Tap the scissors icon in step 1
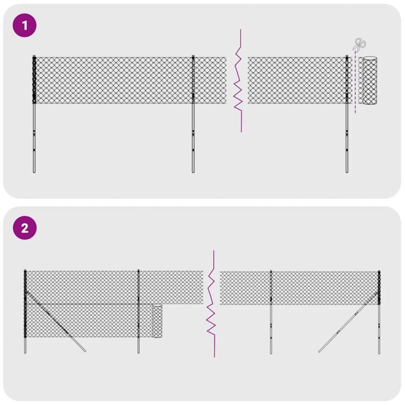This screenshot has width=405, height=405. tap(359, 45)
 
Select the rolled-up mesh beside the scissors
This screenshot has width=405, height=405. tap(370, 80)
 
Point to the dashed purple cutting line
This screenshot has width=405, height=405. tap(355, 86)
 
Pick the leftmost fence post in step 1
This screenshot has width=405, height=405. tap(34, 137)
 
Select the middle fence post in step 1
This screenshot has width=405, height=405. tap(193, 137)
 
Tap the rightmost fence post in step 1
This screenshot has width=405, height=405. tap(347, 137)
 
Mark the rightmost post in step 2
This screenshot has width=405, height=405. tap(379, 329)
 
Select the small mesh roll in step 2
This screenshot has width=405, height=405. tap(157, 321)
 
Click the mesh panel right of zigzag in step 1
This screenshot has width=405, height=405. tap(296, 80)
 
